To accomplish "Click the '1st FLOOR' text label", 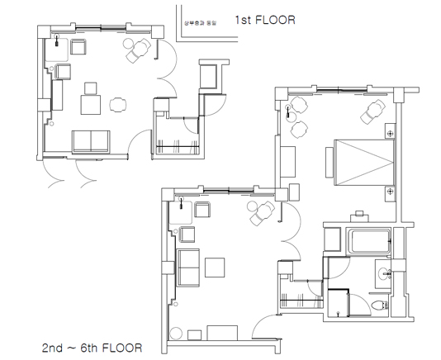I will pyautogui.click(x=264, y=18).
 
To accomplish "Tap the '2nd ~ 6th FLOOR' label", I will pyautogui.click(x=86, y=346).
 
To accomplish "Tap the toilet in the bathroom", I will pyautogui.click(x=382, y=306).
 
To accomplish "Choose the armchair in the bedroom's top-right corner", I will pyautogui.click(x=376, y=109).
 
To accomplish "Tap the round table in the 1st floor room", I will pyautogui.click(x=118, y=104).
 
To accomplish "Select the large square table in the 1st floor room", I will pyautogui.click(x=91, y=105).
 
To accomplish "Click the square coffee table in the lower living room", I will pyautogui.click(x=216, y=268).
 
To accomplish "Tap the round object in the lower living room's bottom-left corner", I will pyautogui.click(x=176, y=332).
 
